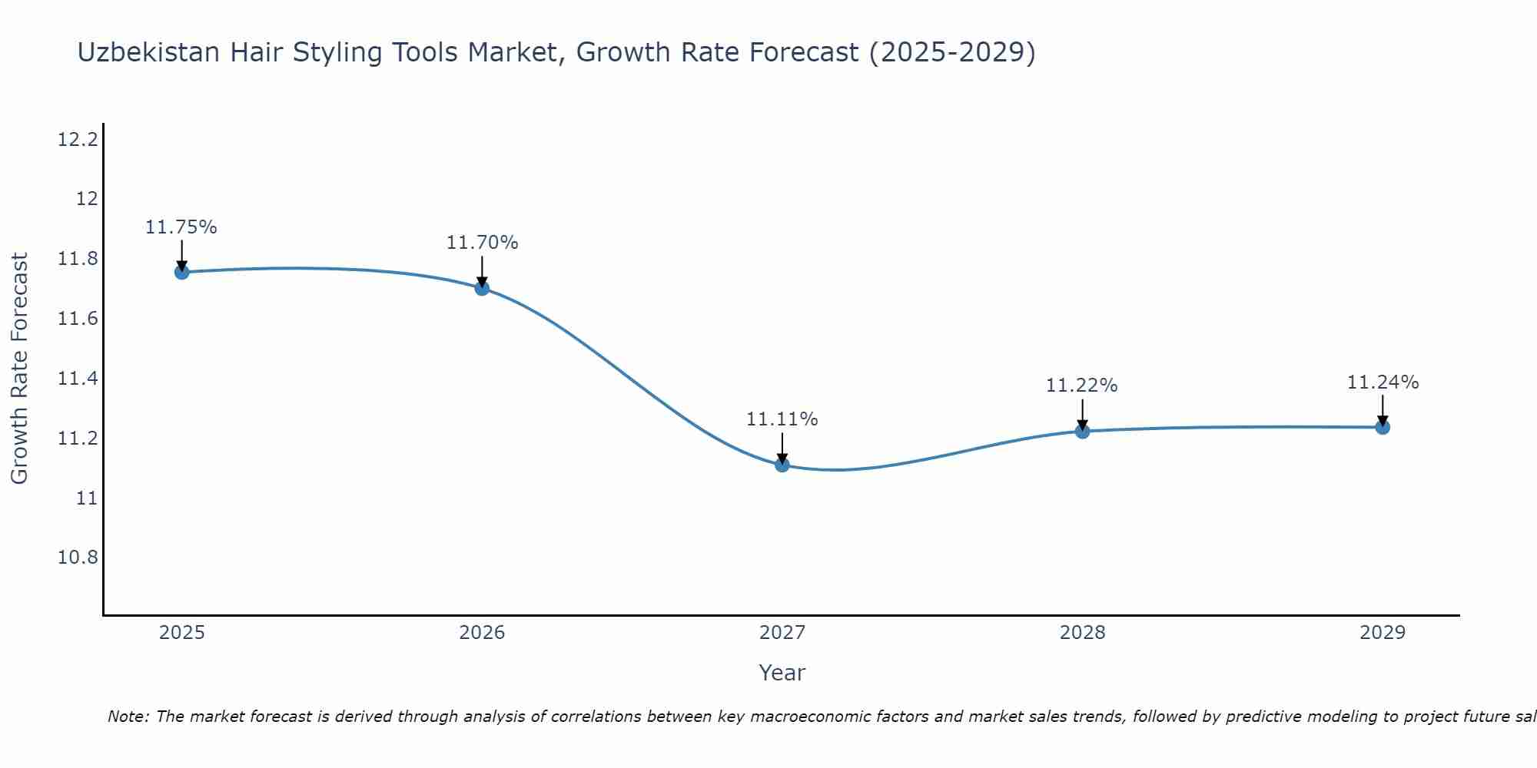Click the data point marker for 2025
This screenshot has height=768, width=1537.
181,272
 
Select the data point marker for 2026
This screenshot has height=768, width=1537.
482,288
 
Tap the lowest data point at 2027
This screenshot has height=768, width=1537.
782,465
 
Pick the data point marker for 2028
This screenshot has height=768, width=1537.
1082,431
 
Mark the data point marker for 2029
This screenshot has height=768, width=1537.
1383,427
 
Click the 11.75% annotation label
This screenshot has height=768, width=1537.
181,227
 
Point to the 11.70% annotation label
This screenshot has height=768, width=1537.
482,243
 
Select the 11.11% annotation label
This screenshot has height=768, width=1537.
782,419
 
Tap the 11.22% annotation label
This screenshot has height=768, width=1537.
1082,386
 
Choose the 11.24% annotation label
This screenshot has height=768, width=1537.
1383,382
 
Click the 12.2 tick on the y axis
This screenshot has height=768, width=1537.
78,140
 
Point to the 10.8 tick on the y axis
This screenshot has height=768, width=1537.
78,558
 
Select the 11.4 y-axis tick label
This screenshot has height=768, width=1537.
78,379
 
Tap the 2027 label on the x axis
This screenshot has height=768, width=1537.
782,633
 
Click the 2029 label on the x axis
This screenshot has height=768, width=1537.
1383,633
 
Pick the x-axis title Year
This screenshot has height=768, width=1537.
782,673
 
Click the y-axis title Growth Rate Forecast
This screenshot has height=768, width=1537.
19,369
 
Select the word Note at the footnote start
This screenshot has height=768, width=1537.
127,717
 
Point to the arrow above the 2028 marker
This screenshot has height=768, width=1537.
1082,415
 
